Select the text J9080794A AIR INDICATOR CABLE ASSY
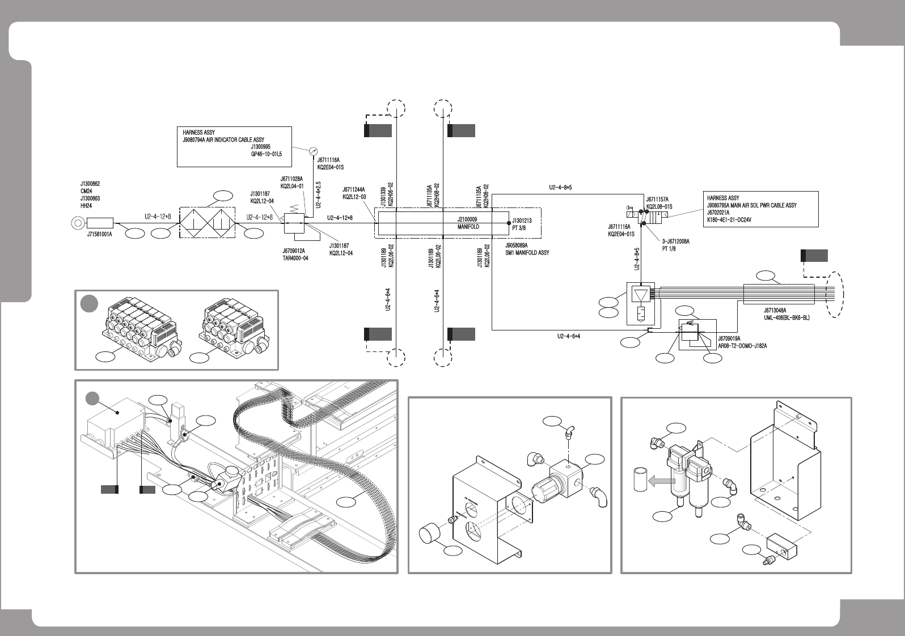[223, 139]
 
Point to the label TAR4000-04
[295, 258]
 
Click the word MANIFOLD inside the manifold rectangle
[468, 227]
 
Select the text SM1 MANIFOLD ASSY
[527, 253]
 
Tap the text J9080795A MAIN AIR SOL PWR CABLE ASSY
[751, 205]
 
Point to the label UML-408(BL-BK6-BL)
[787, 317]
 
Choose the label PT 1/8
[669, 248]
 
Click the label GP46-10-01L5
[267, 154]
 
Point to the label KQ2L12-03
[354, 197]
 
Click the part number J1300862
[91, 184]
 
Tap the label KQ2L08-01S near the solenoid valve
[659, 206]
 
